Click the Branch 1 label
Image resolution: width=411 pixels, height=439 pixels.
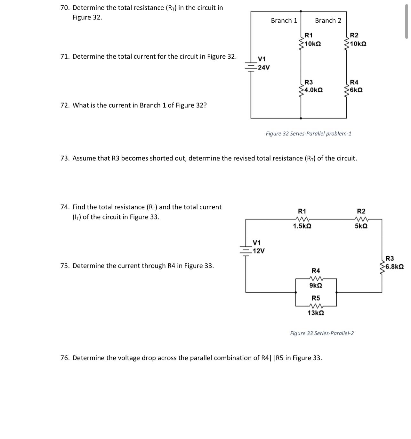click(284, 21)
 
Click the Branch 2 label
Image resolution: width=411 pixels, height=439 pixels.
click(328, 21)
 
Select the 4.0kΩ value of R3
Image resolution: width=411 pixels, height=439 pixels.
click(313, 90)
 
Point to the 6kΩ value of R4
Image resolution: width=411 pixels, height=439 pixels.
click(356, 90)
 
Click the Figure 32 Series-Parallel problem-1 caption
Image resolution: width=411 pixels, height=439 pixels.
click(308, 134)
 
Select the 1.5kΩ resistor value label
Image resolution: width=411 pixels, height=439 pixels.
click(302, 226)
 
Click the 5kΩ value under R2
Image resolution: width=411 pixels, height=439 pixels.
click(361, 226)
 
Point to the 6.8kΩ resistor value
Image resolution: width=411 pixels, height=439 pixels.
click(394, 267)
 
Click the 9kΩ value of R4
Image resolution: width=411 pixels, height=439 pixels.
click(316, 285)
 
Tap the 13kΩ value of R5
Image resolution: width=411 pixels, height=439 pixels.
click(316, 313)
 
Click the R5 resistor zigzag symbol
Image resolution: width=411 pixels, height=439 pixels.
click(316, 306)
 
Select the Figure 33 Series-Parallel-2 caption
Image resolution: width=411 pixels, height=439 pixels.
click(322, 333)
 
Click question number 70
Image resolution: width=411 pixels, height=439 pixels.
click(65, 8)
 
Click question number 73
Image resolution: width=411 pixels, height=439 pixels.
click(65, 158)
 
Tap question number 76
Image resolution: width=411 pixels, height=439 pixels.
click(65, 358)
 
